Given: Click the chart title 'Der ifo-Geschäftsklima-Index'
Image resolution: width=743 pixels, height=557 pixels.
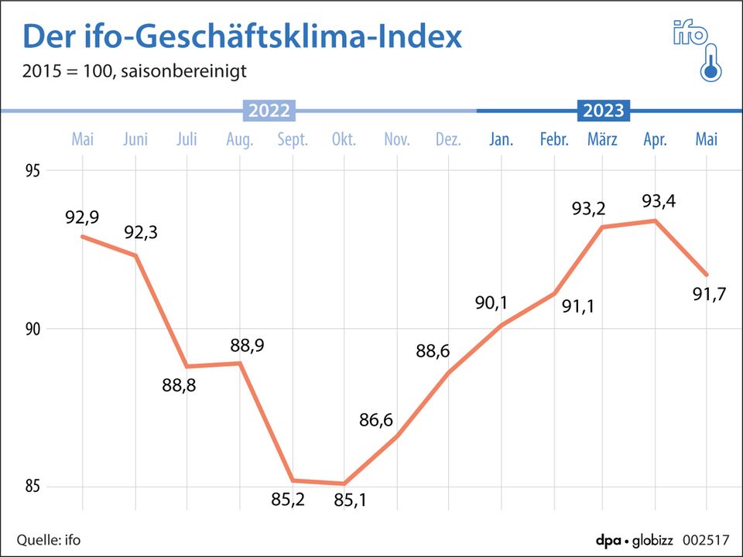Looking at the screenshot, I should [241, 36].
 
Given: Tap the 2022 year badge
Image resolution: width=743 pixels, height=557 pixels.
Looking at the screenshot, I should [269, 111].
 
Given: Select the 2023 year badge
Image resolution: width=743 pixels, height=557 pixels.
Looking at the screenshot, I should [604, 111].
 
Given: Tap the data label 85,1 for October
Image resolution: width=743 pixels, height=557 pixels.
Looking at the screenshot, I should [350, 501].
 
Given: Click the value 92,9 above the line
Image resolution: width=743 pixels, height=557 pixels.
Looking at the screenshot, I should [81, 217].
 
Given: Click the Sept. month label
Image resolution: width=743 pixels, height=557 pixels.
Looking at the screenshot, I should [292, 140].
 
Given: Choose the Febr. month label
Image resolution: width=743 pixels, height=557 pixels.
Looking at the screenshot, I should [554, 140].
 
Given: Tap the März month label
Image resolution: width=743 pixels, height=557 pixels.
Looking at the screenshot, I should [604, 140].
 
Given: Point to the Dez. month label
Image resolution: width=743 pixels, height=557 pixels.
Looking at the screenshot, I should [448, 140].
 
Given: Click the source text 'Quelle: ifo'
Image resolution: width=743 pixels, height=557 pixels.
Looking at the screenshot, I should [49, 539].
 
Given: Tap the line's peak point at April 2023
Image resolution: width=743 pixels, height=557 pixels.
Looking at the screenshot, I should [655, 220].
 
